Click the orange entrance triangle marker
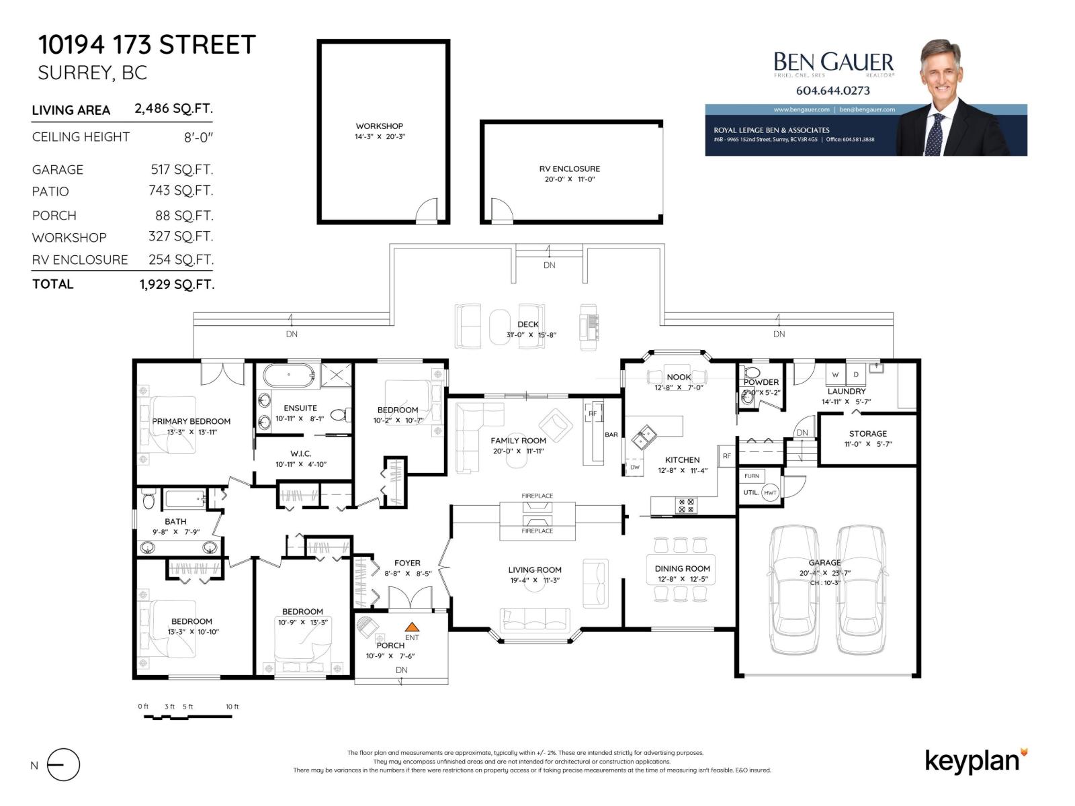[x=412, y=627]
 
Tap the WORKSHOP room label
[x=380, y=126]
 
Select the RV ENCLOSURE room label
[x=570, y=169]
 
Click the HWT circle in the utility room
[x=770, y=492]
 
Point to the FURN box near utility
[x=752, y=476]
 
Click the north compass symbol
[x=63, y=764]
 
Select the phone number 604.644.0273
[x=832, y=91]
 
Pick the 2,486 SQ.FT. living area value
[x=173, y=109]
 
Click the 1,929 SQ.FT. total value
[x=177, y=285]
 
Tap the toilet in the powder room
[x=752, y=373]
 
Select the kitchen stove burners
[x=686, y=505]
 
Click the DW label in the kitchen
[x=635, y=467]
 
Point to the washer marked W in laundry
[x=835, y=375]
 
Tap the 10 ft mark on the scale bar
[x=232, y=707]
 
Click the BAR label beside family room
[x=611, y=435]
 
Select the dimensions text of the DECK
[x=531, y=334]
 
